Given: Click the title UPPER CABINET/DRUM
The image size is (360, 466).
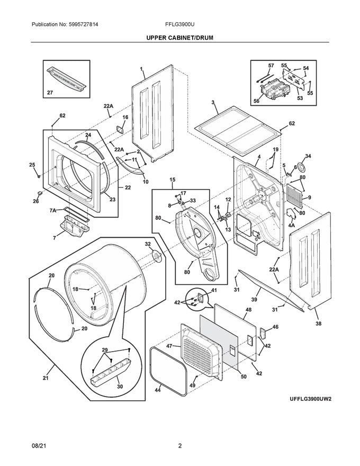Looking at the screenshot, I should [180, 38].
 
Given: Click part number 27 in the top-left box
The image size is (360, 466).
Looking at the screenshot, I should [50, 93].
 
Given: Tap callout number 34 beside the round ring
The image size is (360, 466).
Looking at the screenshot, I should [308, 156].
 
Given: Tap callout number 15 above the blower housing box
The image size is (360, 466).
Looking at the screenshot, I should [172, 180].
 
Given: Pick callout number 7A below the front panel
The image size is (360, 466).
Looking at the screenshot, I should [53, 211].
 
